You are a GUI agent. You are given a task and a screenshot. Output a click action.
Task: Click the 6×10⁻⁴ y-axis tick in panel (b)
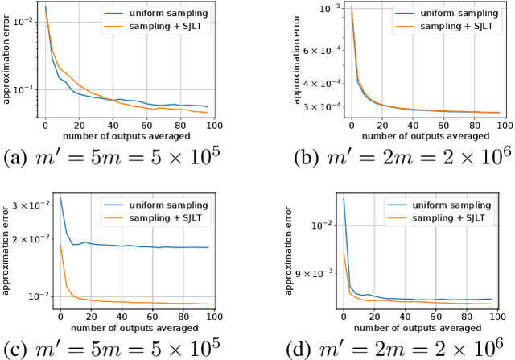[x=318, y=50]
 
